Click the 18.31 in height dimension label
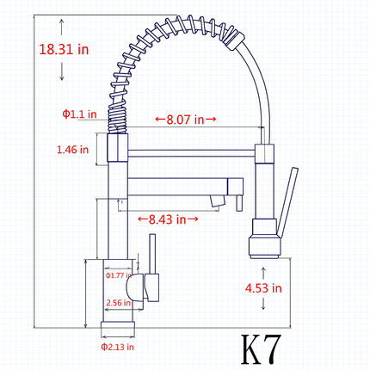[64, 49]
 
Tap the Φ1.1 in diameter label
[79, 114]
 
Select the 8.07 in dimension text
[185, 120]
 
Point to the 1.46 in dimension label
[72, 150]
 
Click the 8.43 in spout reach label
[168, 219]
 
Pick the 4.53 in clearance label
[263, 288]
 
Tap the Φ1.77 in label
[119, 275]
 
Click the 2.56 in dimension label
[119, 303]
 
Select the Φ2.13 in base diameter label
[117, 347]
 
